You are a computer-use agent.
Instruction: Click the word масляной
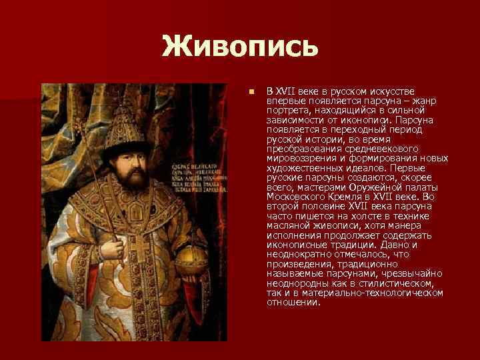tap(287, 226)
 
